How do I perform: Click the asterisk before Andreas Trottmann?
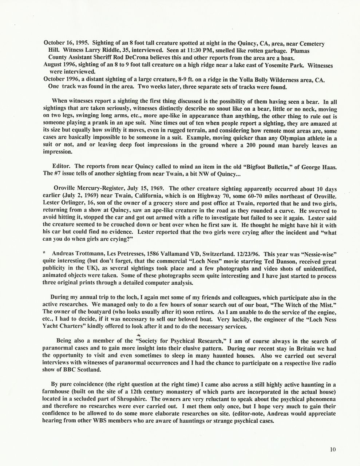pos(44,254)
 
